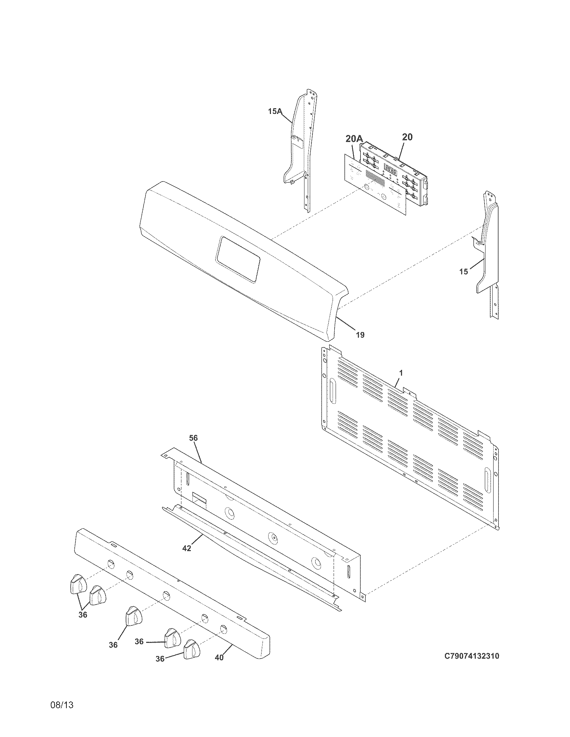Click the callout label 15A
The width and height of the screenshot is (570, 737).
(x=275, y=111)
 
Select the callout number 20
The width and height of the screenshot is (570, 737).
(x=407, y=137)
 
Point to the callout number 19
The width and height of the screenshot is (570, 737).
(x=360, y=335)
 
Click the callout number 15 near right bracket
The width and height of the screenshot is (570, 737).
(x=464, y=271)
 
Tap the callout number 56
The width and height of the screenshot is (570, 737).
(x=193, y=438)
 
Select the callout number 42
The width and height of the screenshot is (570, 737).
(x=186, y=548)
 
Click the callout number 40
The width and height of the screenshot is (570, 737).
(x=219, y=658)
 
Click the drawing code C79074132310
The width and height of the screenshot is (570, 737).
(x=471, y=656)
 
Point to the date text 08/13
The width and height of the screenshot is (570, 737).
(x=62, y=714)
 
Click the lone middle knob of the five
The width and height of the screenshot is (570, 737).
(x=134, y=616)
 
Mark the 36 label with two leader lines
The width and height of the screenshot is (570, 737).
(x=83, y=614)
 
